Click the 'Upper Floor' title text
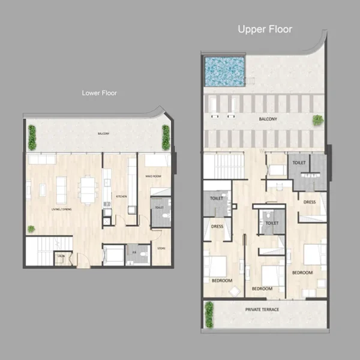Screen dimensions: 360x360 [265, 29]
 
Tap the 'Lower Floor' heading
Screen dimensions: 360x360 [99, 93]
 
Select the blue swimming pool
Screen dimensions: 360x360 [225, 71]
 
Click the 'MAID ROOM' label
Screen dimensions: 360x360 [154, 176]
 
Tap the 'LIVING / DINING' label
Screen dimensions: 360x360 [63, 208]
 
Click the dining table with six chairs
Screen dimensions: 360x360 [88, 190]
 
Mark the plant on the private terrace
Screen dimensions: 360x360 [209, 314]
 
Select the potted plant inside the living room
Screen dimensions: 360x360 [31, 229]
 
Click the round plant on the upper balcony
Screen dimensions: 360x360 [317, 121]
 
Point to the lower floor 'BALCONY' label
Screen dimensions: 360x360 [103, 133]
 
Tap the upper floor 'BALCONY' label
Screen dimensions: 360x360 [268, 119]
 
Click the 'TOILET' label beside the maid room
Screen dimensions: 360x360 [159, 208]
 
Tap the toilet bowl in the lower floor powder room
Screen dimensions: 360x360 [143, 254]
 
